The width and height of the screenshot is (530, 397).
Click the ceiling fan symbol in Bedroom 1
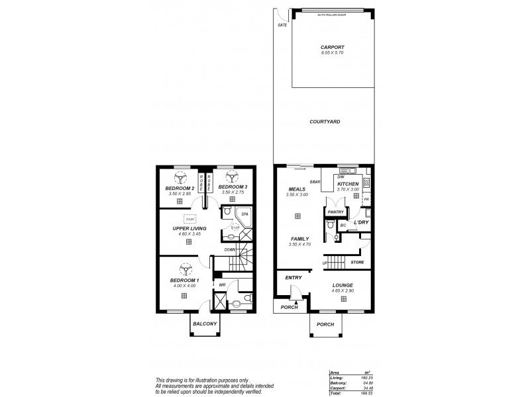[x=183, y=269]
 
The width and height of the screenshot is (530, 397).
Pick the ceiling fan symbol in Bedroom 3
[x=232, y=176]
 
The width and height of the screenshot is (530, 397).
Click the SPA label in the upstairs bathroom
[x=243, y=214]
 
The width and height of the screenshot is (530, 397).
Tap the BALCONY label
[x=205, y=324]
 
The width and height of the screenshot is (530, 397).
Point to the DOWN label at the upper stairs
[x=229, y=249]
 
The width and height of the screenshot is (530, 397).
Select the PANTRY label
[x=334, y=212]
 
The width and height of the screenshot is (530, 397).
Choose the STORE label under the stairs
[x=357, y=263]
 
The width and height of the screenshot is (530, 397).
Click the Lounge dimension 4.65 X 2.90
[x=343, y=291]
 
